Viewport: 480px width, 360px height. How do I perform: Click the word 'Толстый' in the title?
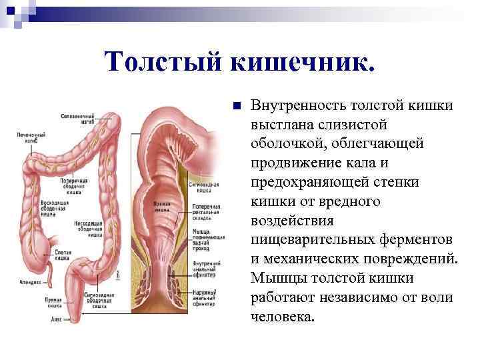[x=163, y=63]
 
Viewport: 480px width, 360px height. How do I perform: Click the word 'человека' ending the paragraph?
[x=282, y=315]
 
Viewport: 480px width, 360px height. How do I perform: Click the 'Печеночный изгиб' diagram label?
[x=31, y=137]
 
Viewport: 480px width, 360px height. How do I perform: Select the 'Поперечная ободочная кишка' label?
[x=74, y=185]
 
